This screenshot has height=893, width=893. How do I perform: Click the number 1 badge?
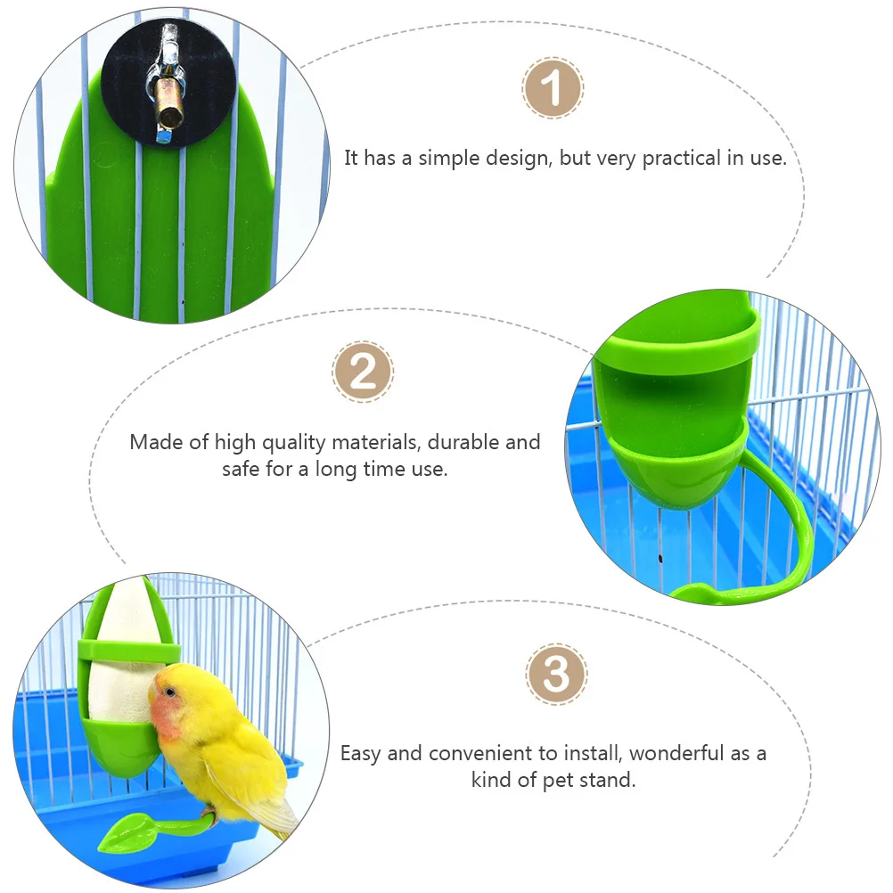553,88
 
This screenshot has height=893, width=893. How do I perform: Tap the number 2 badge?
363,371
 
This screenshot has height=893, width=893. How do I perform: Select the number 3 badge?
556,675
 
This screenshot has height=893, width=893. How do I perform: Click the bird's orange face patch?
171,713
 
